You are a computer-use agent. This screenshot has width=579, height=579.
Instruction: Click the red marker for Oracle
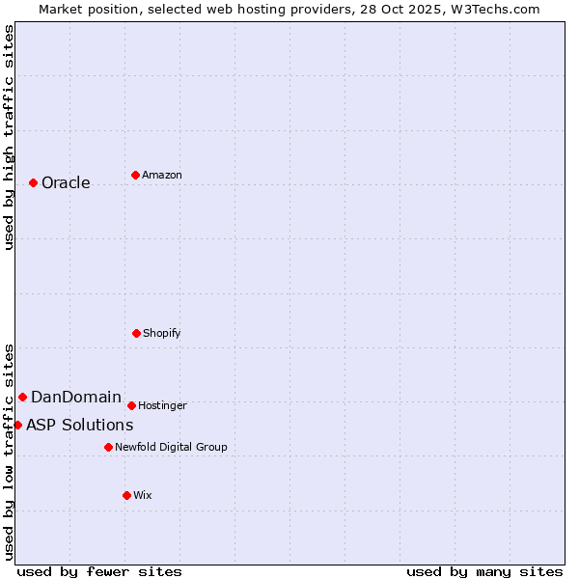(33, 182)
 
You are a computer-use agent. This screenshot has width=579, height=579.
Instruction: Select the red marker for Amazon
(135, 175)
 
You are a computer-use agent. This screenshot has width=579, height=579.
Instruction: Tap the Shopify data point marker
(136, 333)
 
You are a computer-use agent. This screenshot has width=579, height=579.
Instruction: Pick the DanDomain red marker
(22, 397)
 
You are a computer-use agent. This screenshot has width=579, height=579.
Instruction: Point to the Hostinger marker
(131, 405)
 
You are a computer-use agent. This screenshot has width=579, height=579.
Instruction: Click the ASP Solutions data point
(17, 425)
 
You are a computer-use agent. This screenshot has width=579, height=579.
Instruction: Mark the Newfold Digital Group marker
(108, 447)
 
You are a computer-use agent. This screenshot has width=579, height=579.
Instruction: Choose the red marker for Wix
(126, 495)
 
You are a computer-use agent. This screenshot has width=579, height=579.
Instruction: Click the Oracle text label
(66, 183)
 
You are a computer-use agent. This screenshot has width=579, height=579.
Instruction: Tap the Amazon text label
(162, 176)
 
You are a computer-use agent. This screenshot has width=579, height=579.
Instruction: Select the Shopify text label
(161, 334)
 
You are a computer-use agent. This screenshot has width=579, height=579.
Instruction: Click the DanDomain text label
(76, 398)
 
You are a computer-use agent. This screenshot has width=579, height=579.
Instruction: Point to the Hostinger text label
(162, 406)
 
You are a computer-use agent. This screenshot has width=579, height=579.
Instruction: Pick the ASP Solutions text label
(80, 426)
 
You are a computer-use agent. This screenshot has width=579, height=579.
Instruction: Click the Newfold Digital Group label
(171, 448)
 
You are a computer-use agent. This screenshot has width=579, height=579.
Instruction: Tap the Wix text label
(143, 496)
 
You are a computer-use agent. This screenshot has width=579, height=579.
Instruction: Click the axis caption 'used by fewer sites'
(99, 572)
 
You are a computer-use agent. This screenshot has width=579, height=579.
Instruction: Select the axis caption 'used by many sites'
(484, 572)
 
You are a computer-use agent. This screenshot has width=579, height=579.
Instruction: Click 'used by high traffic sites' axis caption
(10, 137)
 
